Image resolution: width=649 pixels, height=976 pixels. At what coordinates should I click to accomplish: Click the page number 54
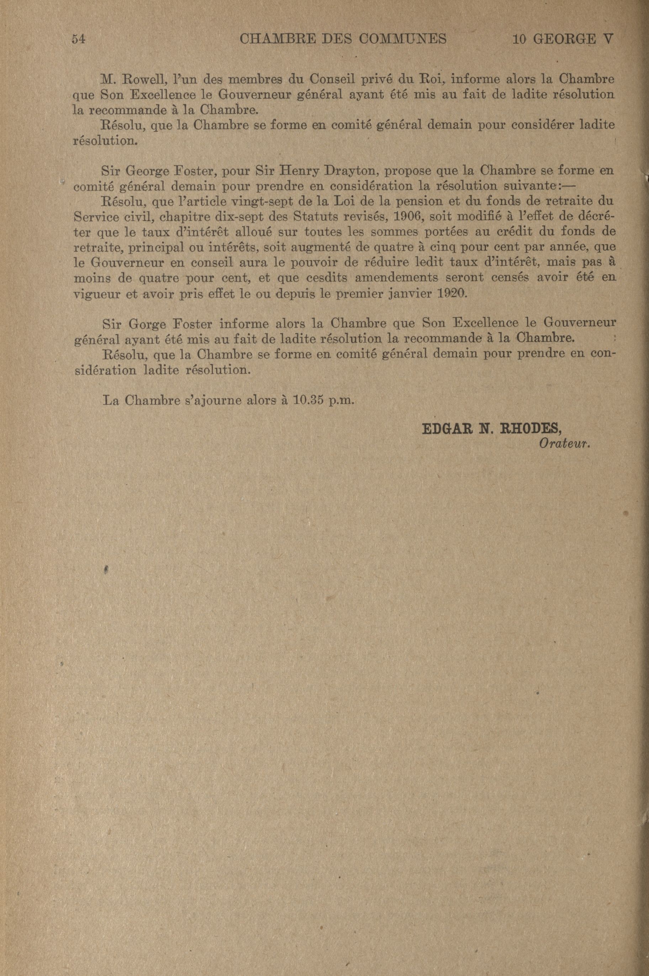78,39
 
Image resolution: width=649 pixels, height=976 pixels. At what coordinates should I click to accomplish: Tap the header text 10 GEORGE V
562,39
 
